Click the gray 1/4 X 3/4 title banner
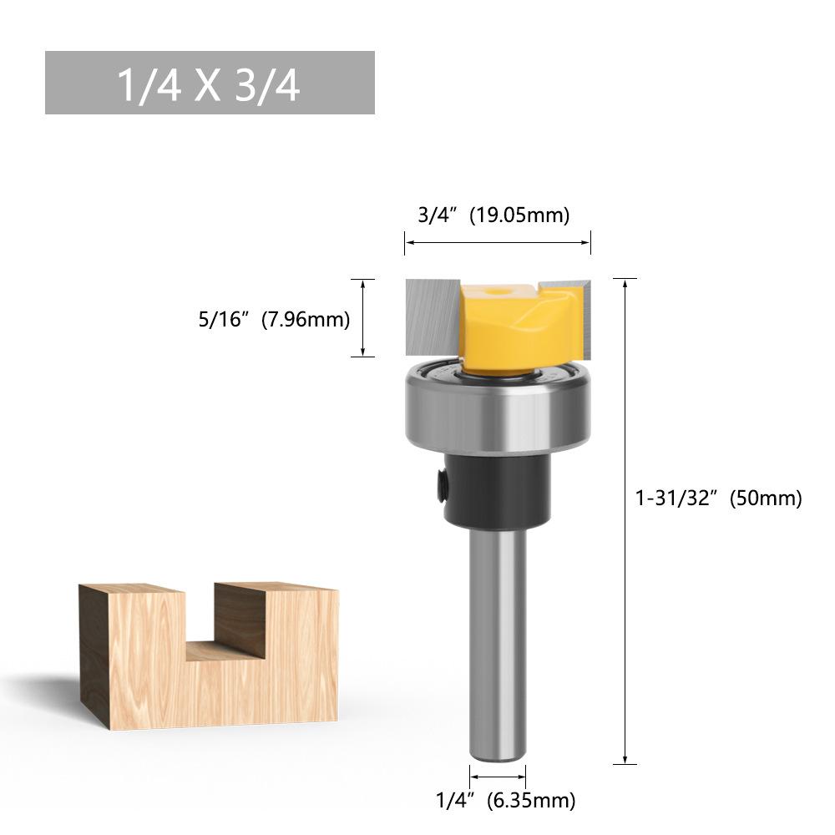(x=210, y=83)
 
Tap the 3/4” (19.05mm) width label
(x=493, y=215)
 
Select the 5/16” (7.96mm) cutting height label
(x=274, y=320)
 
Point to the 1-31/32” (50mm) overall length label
(x=718, y=498)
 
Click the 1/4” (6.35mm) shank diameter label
(x=505, y=799)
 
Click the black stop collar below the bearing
(x=497, y=488)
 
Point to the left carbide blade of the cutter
(x=433, y=317)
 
